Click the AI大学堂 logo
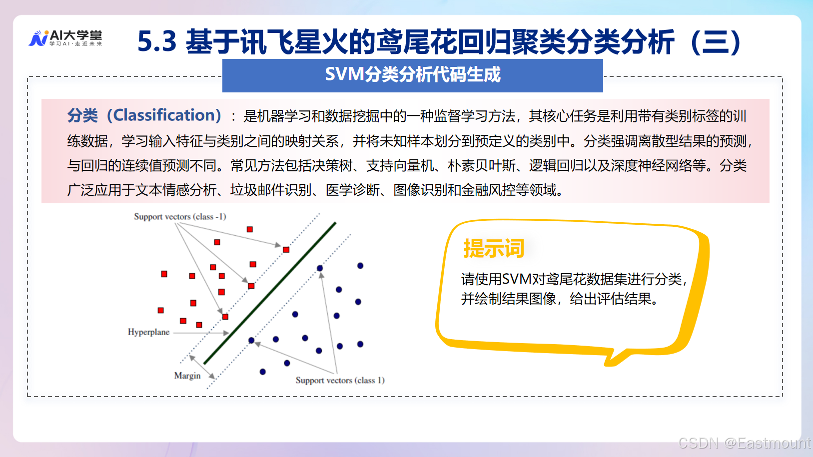tap(65, 38)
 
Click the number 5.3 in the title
tap(157, 41)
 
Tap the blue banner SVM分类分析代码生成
tap(412, 75)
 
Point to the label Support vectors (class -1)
tap(180, 217)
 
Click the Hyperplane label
tap(148, 332)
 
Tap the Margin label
tap(187, 376)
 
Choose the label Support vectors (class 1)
tap(340, 380)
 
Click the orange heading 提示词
tap(494, 248)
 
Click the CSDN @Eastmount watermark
tap(744, 443)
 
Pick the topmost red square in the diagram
tap(250, 229)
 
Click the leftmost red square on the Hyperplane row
tap(161, 310)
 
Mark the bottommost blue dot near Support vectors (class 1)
tap(263, 372)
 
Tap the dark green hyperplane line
tap(270, 294)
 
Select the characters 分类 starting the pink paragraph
tap(82, 115)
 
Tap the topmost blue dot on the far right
tap(360, 266)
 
